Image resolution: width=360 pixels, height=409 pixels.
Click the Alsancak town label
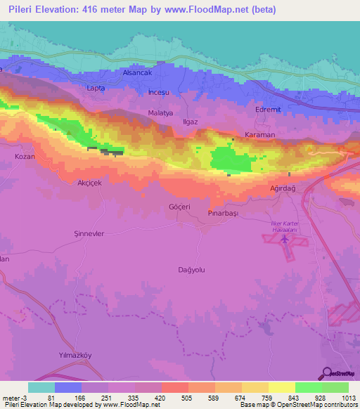[137, 72]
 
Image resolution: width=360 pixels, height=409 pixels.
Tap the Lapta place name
[95, 88]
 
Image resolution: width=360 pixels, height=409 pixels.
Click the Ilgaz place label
[190, 122]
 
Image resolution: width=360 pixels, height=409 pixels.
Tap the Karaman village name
[259, 134]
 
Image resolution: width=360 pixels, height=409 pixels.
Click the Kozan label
[25, 157]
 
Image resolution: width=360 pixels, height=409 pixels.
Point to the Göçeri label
[181, 207]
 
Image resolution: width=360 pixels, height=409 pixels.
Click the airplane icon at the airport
[285, 240]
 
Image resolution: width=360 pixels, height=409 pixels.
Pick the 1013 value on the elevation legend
[340, 397]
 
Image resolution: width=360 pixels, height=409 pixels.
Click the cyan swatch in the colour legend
[41, 387]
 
